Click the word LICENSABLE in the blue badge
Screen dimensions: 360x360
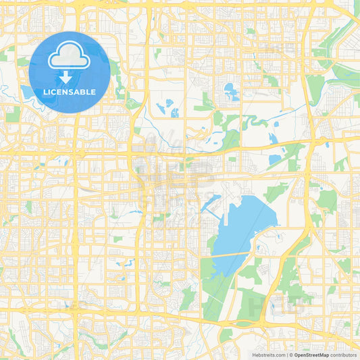point(70,92)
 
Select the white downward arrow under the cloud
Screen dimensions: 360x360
point(66,78)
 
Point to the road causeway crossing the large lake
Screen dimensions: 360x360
point(233,254)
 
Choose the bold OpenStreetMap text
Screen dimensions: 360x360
point(311,355)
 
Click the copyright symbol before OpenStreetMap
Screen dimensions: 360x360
point(290,355)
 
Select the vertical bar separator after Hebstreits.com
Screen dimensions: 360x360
point(286,355)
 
